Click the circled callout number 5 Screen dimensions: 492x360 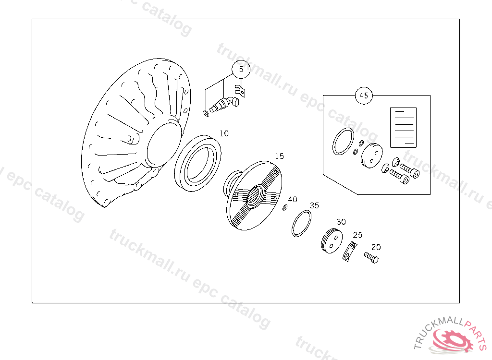[241, 69]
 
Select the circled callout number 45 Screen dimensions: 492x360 [364, 96]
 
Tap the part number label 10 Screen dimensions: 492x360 [224, 133]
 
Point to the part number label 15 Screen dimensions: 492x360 [279, 156]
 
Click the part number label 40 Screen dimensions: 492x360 [293, 200]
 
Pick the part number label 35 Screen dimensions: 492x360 [314, 205]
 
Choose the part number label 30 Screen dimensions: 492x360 [341, 222]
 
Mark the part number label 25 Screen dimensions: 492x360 [357, 235]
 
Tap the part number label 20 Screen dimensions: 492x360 [376, 247]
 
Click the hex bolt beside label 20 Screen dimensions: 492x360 [371, 258]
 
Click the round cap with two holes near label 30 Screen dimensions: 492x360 [332, 241]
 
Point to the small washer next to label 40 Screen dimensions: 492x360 [285, 207]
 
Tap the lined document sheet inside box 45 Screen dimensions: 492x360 [403, 128]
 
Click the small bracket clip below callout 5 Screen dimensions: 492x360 [240, 90]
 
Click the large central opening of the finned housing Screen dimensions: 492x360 [164, 144]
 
